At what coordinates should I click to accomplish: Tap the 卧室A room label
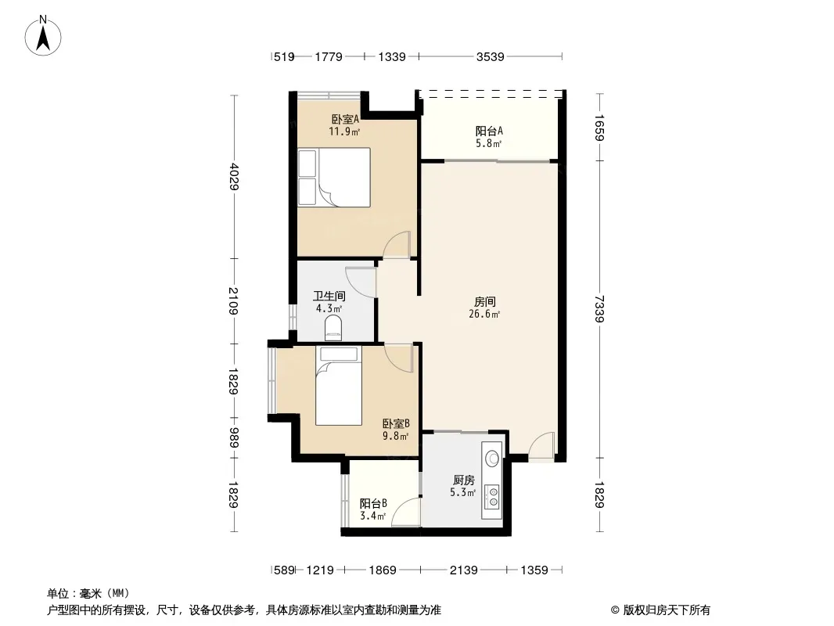345,119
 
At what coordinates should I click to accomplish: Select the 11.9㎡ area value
344,131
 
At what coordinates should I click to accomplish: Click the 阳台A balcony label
489,131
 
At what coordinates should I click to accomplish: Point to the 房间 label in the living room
484,301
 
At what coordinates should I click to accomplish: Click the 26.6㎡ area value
484,314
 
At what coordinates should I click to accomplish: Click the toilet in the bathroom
333,328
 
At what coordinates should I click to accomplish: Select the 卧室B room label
396,424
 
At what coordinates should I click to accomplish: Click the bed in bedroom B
339,386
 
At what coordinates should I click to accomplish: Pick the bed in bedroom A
334,177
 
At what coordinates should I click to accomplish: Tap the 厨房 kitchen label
463,480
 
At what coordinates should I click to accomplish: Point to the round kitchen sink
493,458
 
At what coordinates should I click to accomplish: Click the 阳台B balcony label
373,503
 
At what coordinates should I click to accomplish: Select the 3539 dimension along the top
490,56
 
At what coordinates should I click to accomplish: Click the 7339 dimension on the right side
599,308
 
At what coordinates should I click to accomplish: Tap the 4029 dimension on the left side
234,177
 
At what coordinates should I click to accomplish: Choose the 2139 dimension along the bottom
463,570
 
